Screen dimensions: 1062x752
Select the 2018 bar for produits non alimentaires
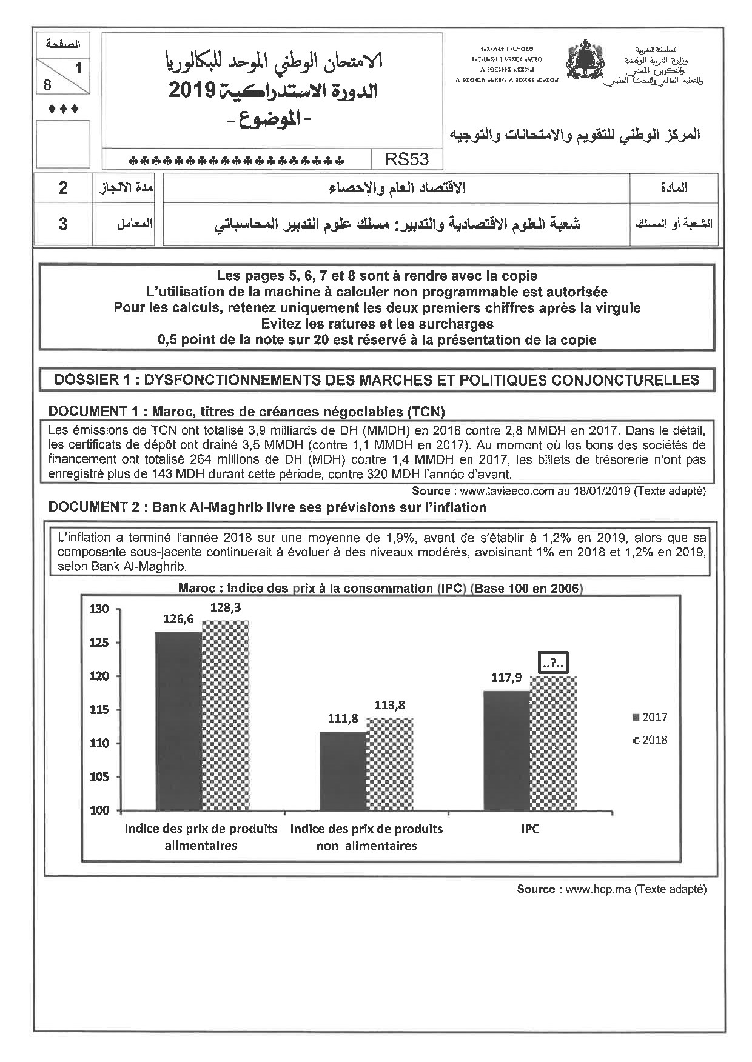click(x=390, y=764)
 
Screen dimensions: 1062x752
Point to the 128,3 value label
click(x=226, y=607)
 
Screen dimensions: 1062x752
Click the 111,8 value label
click(x=343, y=718)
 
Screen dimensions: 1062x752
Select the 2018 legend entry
click(x=650, y=740)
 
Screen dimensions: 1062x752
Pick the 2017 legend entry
click(x=650, y=717)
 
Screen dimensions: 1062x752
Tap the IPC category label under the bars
click(x=530, y=829)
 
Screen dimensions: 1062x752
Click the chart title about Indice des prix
click(x=380, y=588)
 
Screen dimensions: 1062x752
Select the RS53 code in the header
click(x=406, y=159)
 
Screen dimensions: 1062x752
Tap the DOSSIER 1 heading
click(x=377, y=380)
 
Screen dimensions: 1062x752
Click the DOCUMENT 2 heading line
click(x=267, y=507)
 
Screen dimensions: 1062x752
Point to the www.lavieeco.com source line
click(x=559, y=491)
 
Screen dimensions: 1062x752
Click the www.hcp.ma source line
click(x=611, y=889)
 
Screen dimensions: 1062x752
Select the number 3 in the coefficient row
click(x=63, y=224)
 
